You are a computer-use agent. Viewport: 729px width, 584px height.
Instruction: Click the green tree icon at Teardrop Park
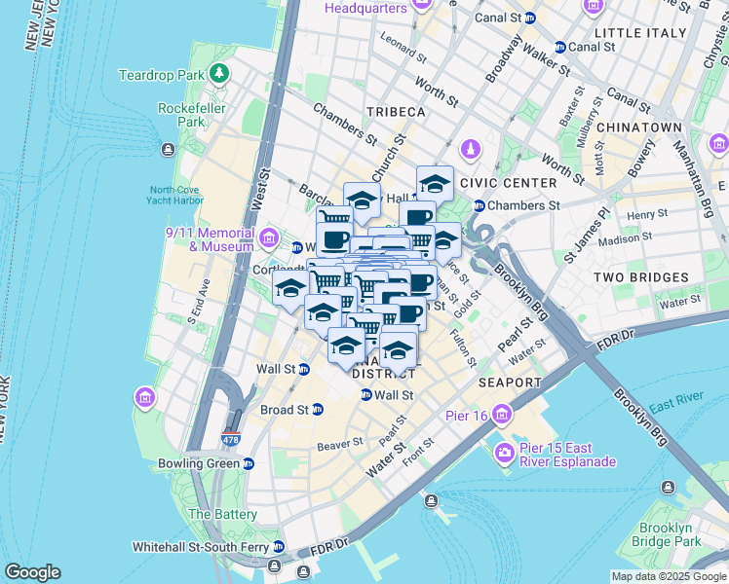pos(221,74)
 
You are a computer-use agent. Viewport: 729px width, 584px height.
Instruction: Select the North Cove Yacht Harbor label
pos(176,196)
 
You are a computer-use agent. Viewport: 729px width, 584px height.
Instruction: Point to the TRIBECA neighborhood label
pos(396,112)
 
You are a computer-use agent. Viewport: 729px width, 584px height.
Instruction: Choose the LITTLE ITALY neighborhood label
pos(658,33)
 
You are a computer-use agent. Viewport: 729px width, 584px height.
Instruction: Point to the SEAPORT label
pos(509,383)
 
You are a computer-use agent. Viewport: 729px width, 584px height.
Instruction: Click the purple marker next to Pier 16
pos(501,415)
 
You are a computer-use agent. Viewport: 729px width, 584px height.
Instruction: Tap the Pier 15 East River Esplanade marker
pos(506,453)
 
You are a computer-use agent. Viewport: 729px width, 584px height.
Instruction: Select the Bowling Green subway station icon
pos(248,463)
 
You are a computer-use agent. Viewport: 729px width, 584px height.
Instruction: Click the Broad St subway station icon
pos(317,410)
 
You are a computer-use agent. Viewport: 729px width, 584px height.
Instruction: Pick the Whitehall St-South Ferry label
pos(198,546)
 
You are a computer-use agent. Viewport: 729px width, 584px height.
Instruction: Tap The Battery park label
pos(222,514)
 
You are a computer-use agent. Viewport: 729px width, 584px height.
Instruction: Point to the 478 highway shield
pos(230,440)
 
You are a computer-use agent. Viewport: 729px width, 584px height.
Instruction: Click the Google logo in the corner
pos(32,572)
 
